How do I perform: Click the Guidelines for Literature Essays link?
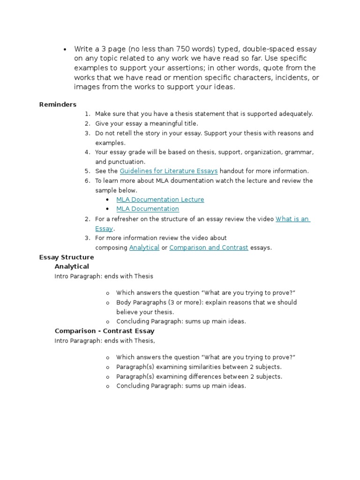(x=168, y=171)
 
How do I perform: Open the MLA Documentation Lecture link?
(x=160, y=199)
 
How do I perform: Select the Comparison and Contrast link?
(x=209, y=247)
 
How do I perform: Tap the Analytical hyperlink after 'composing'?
(x=144, y=247)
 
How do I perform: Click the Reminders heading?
(x=58, y=104)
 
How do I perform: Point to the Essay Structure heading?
(x=67, y=257)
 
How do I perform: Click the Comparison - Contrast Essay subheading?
(x=105, y=331)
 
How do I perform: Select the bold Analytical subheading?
(x=72, y=266)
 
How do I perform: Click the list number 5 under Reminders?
(x=87, y=171)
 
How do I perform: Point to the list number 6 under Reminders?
(x=87, y=180)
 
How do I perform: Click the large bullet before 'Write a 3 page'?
(x=64, y=49)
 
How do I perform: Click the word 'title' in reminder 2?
(x=191, y=123)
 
